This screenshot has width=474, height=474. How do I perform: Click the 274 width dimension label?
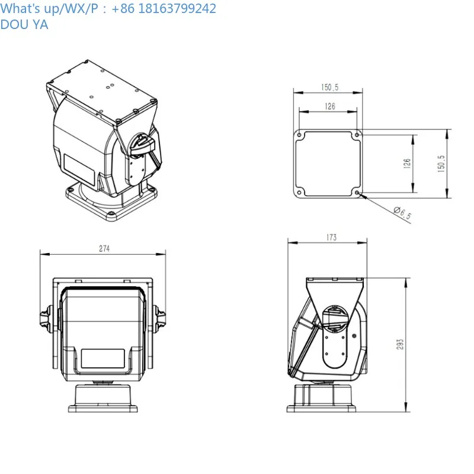point(104,248)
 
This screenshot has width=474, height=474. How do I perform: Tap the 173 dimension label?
point(331,238)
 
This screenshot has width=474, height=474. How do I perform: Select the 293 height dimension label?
point(400,344)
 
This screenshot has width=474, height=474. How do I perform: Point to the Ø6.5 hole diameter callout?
point(402,213)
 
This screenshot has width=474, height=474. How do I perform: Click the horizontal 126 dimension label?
point(330,107)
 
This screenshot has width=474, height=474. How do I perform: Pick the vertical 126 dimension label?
point(407,164)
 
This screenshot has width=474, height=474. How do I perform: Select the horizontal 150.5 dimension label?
point(329,87)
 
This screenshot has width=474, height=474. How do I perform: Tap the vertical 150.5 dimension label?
point(441,164)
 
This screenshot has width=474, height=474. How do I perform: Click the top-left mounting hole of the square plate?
point(299,135)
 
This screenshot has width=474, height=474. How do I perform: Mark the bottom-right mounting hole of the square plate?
point(357,193)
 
